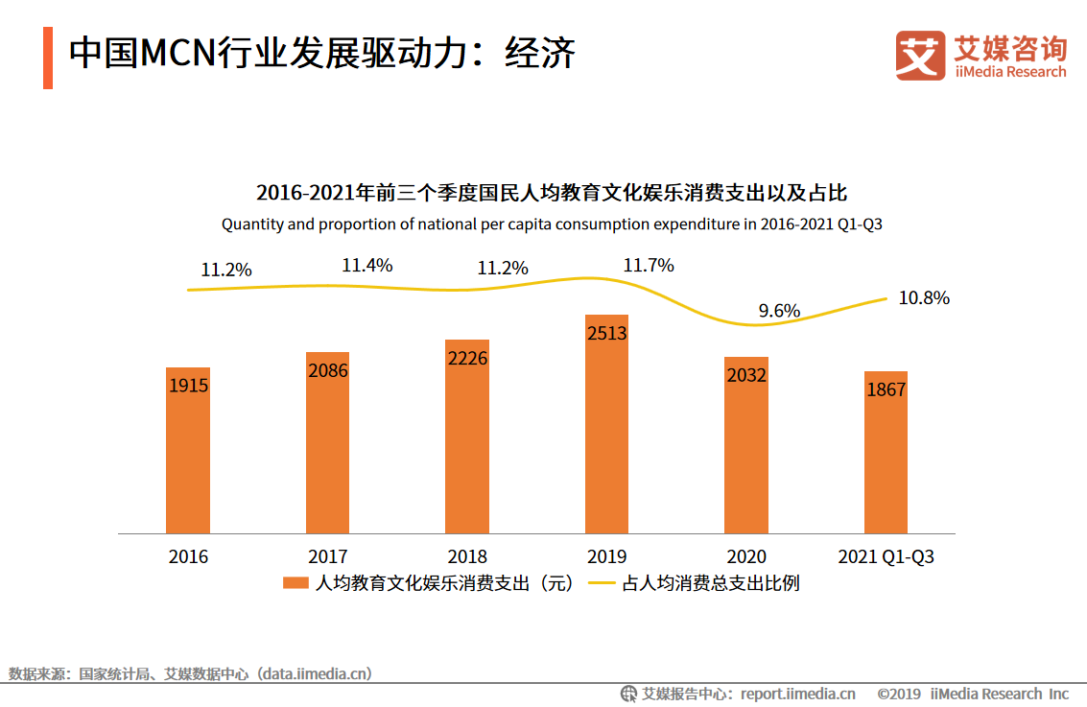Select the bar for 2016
pyautogui.click(x=187, y=450)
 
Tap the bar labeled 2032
pyautogui.click(x=746, y=445)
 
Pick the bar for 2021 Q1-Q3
pyautogui.click(x=886, y=452)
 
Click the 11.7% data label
pyautogui.click(x=649, y=266)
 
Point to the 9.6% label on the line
pyautogui.click(x=779, y=311)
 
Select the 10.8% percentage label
pyautogui.click(x=924, y=298)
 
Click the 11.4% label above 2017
pyautogui.click(x=367, y=266)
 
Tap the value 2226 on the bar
pyautogui.click(x=467, y=359)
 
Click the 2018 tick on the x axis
pyautogui.click(x=467, y=556)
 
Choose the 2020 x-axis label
pyautogui.click(x=746, y=556)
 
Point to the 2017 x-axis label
pyautogui.click(x=328, y=556)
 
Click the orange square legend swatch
pyautogui.click(x=295, y=583)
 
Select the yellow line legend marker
pyautogui.click(x=602, y=583)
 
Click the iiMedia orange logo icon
pyautogui.click(x=919, y=56)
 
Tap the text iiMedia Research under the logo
pyautogui.click(x=1010, y=72)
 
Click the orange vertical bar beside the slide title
pyautogui.click(x=48, y=59)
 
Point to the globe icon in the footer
pyautogui.click(x=628, y=694)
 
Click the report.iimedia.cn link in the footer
pyautogui.click(x=798, y=694)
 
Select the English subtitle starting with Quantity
pyautogui.click(x=552, y=224)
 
